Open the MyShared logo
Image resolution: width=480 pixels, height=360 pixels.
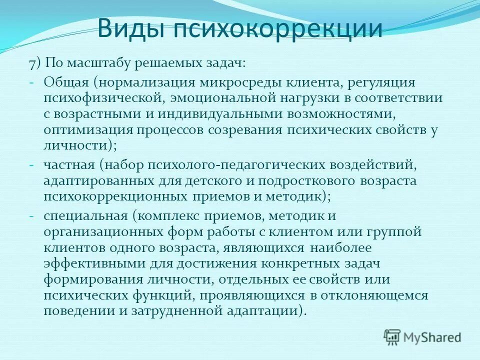point(422,336)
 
